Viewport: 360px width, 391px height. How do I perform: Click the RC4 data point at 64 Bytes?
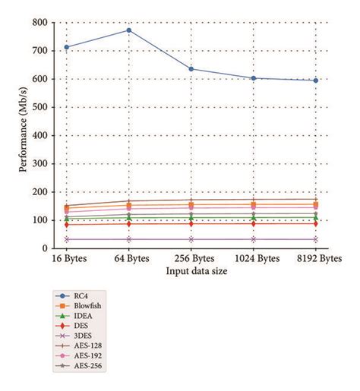(129, 30)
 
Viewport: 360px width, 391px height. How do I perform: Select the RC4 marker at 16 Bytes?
(67, 47)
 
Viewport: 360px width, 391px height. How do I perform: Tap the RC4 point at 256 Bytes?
(191, 69)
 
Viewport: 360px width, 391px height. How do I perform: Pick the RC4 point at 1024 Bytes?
(254, 78)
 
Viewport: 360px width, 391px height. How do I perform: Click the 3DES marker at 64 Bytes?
(129, 239)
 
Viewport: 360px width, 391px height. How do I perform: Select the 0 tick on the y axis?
(46, 248)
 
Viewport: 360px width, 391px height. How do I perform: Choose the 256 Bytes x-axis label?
(191, 259)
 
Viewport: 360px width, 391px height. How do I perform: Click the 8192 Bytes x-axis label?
(314, 259)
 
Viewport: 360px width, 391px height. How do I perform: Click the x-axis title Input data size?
(191, 270)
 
